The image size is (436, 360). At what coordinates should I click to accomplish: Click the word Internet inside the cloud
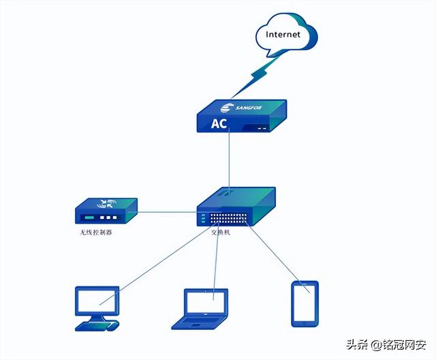(283, 33)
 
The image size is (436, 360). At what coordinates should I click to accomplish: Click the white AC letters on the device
(219, 124)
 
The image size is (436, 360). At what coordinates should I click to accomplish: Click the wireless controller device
(106, 211)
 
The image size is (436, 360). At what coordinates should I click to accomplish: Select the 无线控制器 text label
(95, 232)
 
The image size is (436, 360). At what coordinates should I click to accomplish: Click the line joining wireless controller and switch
(167, 211)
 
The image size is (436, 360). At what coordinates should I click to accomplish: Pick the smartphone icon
(305, 303)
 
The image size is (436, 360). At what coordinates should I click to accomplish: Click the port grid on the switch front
(229, 219)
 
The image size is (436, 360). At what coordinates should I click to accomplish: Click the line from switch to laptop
(217, 259)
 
